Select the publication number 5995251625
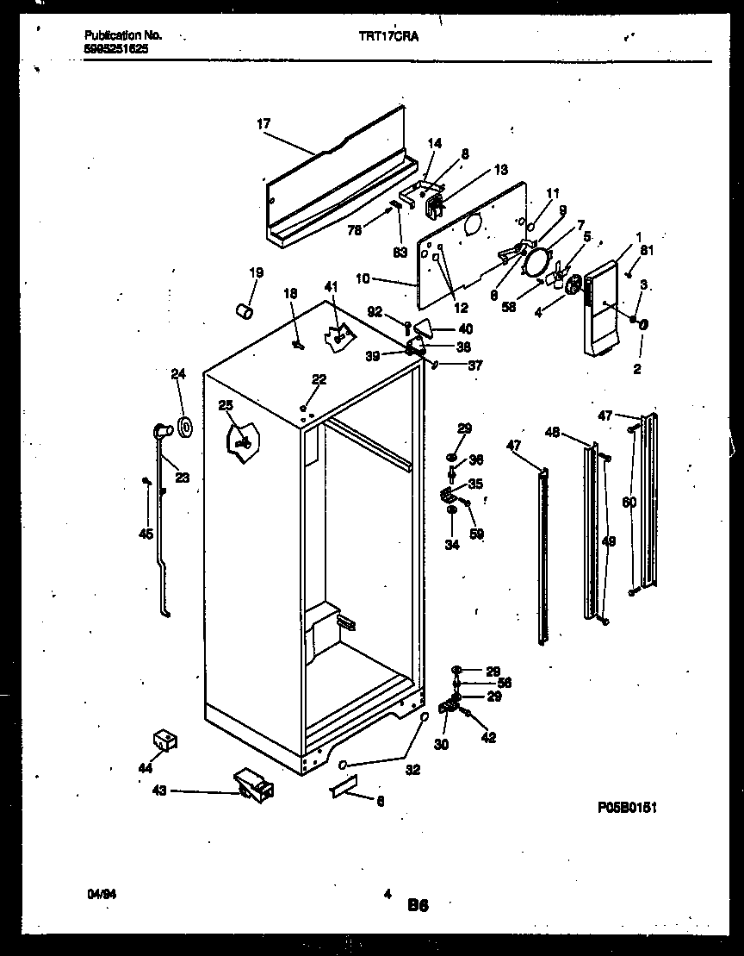click(115, 49)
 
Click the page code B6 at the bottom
click(418, 905)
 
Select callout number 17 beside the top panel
click(263, 124)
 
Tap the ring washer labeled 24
click(184, 425)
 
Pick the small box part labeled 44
click(164, 738)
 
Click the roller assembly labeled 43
click(253, 784)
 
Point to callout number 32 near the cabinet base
click(412, 770)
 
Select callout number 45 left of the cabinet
click(146, 534)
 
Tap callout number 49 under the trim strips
click(608, 541)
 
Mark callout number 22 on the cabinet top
click(319, 380)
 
